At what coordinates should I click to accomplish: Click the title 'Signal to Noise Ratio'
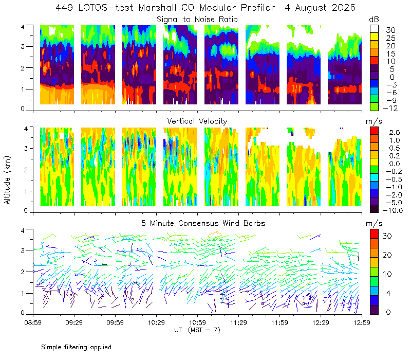pos(197,20)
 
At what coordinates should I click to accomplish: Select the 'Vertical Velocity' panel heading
pos(197,121)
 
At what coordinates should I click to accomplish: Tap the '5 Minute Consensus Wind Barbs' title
pos(203,223)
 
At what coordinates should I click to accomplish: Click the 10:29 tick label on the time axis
pos(156,322)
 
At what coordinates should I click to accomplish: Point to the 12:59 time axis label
pos(362,322)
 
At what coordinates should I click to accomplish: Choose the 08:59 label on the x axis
pos(33,322)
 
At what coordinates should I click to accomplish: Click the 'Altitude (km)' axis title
pos(7,180)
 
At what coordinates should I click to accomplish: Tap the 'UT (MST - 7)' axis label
pos(197,330)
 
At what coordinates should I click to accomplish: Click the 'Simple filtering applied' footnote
pos(76,347)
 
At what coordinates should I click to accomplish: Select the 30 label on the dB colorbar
pos(390,30)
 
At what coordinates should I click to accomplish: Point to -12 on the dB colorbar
pos(390,108)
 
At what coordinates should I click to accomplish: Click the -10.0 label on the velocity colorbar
pos(393,210)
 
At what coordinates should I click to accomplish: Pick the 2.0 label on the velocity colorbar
pos(395,133)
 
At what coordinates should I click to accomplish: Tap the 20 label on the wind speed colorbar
pos(387,255)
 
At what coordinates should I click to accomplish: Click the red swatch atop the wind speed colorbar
pos(374,234)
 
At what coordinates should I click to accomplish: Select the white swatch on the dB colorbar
pos(374,29)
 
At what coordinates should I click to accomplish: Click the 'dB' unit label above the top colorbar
pos(374,20)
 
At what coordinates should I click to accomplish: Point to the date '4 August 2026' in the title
pos(320,8)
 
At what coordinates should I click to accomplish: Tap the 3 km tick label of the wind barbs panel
pos(23,250)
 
